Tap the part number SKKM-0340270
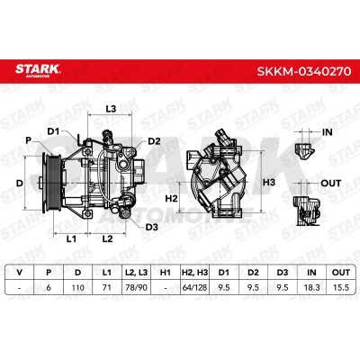point(304,72)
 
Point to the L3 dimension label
point(111,109)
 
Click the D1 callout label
point(54,131)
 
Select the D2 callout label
point(154,141)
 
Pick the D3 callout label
point(151,227)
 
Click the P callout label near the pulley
point(29,140)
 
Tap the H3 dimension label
point(269,182)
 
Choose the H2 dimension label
point(172,198)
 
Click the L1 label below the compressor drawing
point(71,238)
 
